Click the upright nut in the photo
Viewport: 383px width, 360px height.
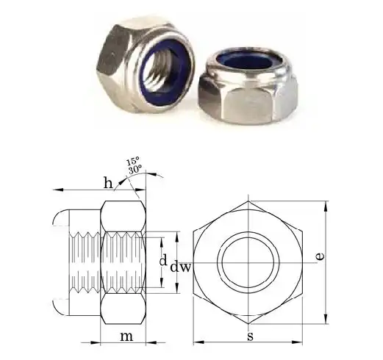[x=151, y=59]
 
